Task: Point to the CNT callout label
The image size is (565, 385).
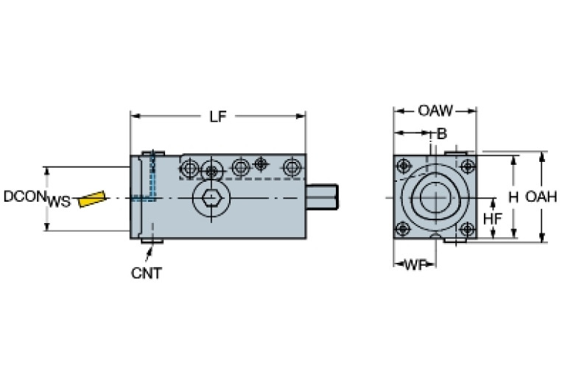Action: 146,273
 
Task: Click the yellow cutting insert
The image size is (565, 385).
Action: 91,199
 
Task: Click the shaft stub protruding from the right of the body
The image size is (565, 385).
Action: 322,199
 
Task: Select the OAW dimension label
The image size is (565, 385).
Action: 435,111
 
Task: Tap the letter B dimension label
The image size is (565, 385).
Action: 442,133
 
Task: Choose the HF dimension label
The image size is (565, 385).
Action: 493,219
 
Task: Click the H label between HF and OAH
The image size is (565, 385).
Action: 513,197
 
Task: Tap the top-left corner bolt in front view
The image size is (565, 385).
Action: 404,165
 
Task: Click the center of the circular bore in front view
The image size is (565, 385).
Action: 435,198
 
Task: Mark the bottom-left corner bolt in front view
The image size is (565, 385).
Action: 404,230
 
